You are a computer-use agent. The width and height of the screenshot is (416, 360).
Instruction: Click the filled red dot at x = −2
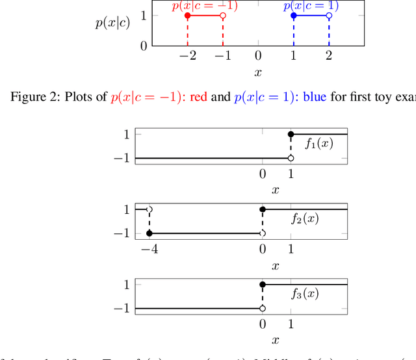tap(188, 16)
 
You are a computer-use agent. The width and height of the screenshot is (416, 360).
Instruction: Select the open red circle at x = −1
tap(223, 16)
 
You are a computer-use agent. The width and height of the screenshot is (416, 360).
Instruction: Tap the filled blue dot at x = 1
tap(294, 16)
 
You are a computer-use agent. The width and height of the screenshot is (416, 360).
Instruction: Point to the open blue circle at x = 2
tap(329, 16)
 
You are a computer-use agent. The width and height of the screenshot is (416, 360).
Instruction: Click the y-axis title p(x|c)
tap(112, 22)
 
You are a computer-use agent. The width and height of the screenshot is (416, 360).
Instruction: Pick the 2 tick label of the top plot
tap(329, 56)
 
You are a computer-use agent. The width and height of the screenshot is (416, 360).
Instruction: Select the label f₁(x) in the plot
tap(318, 143)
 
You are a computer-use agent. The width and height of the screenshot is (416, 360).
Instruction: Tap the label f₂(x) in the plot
tap(305, 218)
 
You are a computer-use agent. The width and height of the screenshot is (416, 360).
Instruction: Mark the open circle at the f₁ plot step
tap(291, 158)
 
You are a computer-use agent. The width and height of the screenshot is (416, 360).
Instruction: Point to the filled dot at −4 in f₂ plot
tap(149, 233)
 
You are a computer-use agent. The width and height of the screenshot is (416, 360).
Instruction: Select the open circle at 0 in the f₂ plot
tap(263, 233)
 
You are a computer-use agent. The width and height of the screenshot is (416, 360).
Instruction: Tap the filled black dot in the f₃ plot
tap(263, 285)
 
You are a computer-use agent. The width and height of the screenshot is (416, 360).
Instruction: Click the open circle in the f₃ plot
tap(263, 308)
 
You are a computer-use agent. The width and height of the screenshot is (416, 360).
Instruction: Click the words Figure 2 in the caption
tap(31, 97)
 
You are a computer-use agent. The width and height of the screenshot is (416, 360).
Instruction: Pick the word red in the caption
tap(198, 97)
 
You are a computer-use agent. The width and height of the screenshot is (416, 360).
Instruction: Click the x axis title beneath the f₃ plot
tap(276, 340)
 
